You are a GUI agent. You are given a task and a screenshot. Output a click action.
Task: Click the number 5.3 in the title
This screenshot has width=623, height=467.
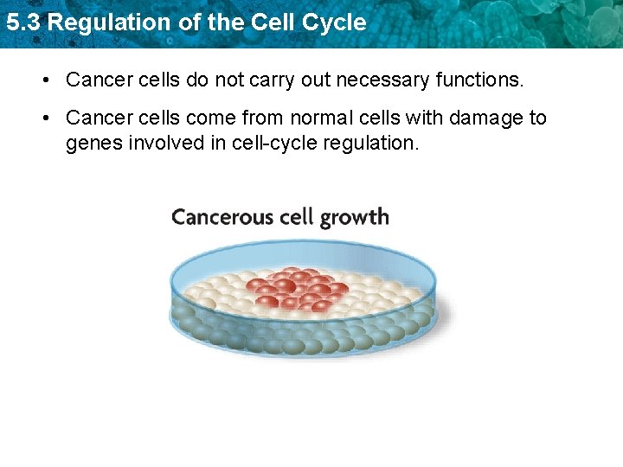point(22,22)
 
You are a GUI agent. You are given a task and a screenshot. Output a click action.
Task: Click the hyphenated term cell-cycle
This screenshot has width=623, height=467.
point(275,143)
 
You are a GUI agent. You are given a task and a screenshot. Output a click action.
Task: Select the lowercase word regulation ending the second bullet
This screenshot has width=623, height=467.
point(371,143)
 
